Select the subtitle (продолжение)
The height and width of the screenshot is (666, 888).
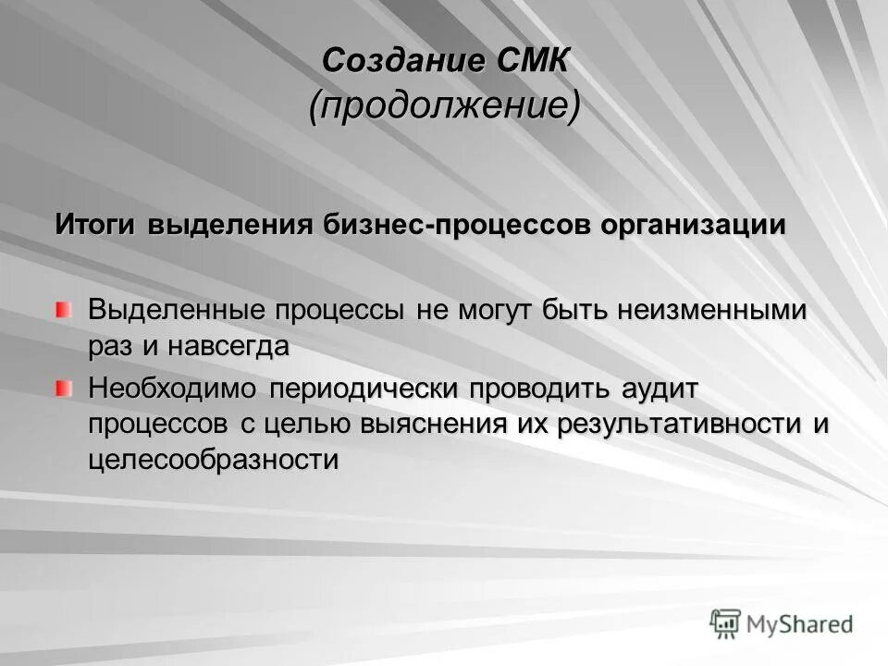tap(445, 106)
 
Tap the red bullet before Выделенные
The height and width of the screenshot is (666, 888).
tap(62, 309)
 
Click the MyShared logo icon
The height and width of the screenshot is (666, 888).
tap(726, 624)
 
